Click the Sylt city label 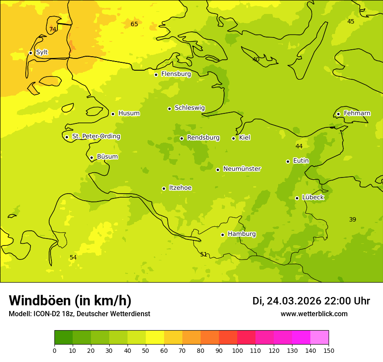coord(42,52)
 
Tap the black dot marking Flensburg coord(156,75)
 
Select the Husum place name coord(129,113)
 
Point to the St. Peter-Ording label coord(96,137)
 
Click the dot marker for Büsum coord(91,158)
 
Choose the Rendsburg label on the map coord(203,138)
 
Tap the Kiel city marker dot coord(233,138)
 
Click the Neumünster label coord(242,169)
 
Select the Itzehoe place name coord(180,188)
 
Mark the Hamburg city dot coord(222,235)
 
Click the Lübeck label coord(313,198)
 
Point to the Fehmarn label coord(357,113)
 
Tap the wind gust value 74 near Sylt coord(53,30)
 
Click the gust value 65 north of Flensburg coord(134,24)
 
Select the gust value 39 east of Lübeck coord(353,219)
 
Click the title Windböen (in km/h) coord(70,301)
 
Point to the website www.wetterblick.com coord(314,314)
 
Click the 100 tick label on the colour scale coord(237,350)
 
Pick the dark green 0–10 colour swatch coord(64,338)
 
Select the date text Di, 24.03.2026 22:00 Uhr coord(311,301)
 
